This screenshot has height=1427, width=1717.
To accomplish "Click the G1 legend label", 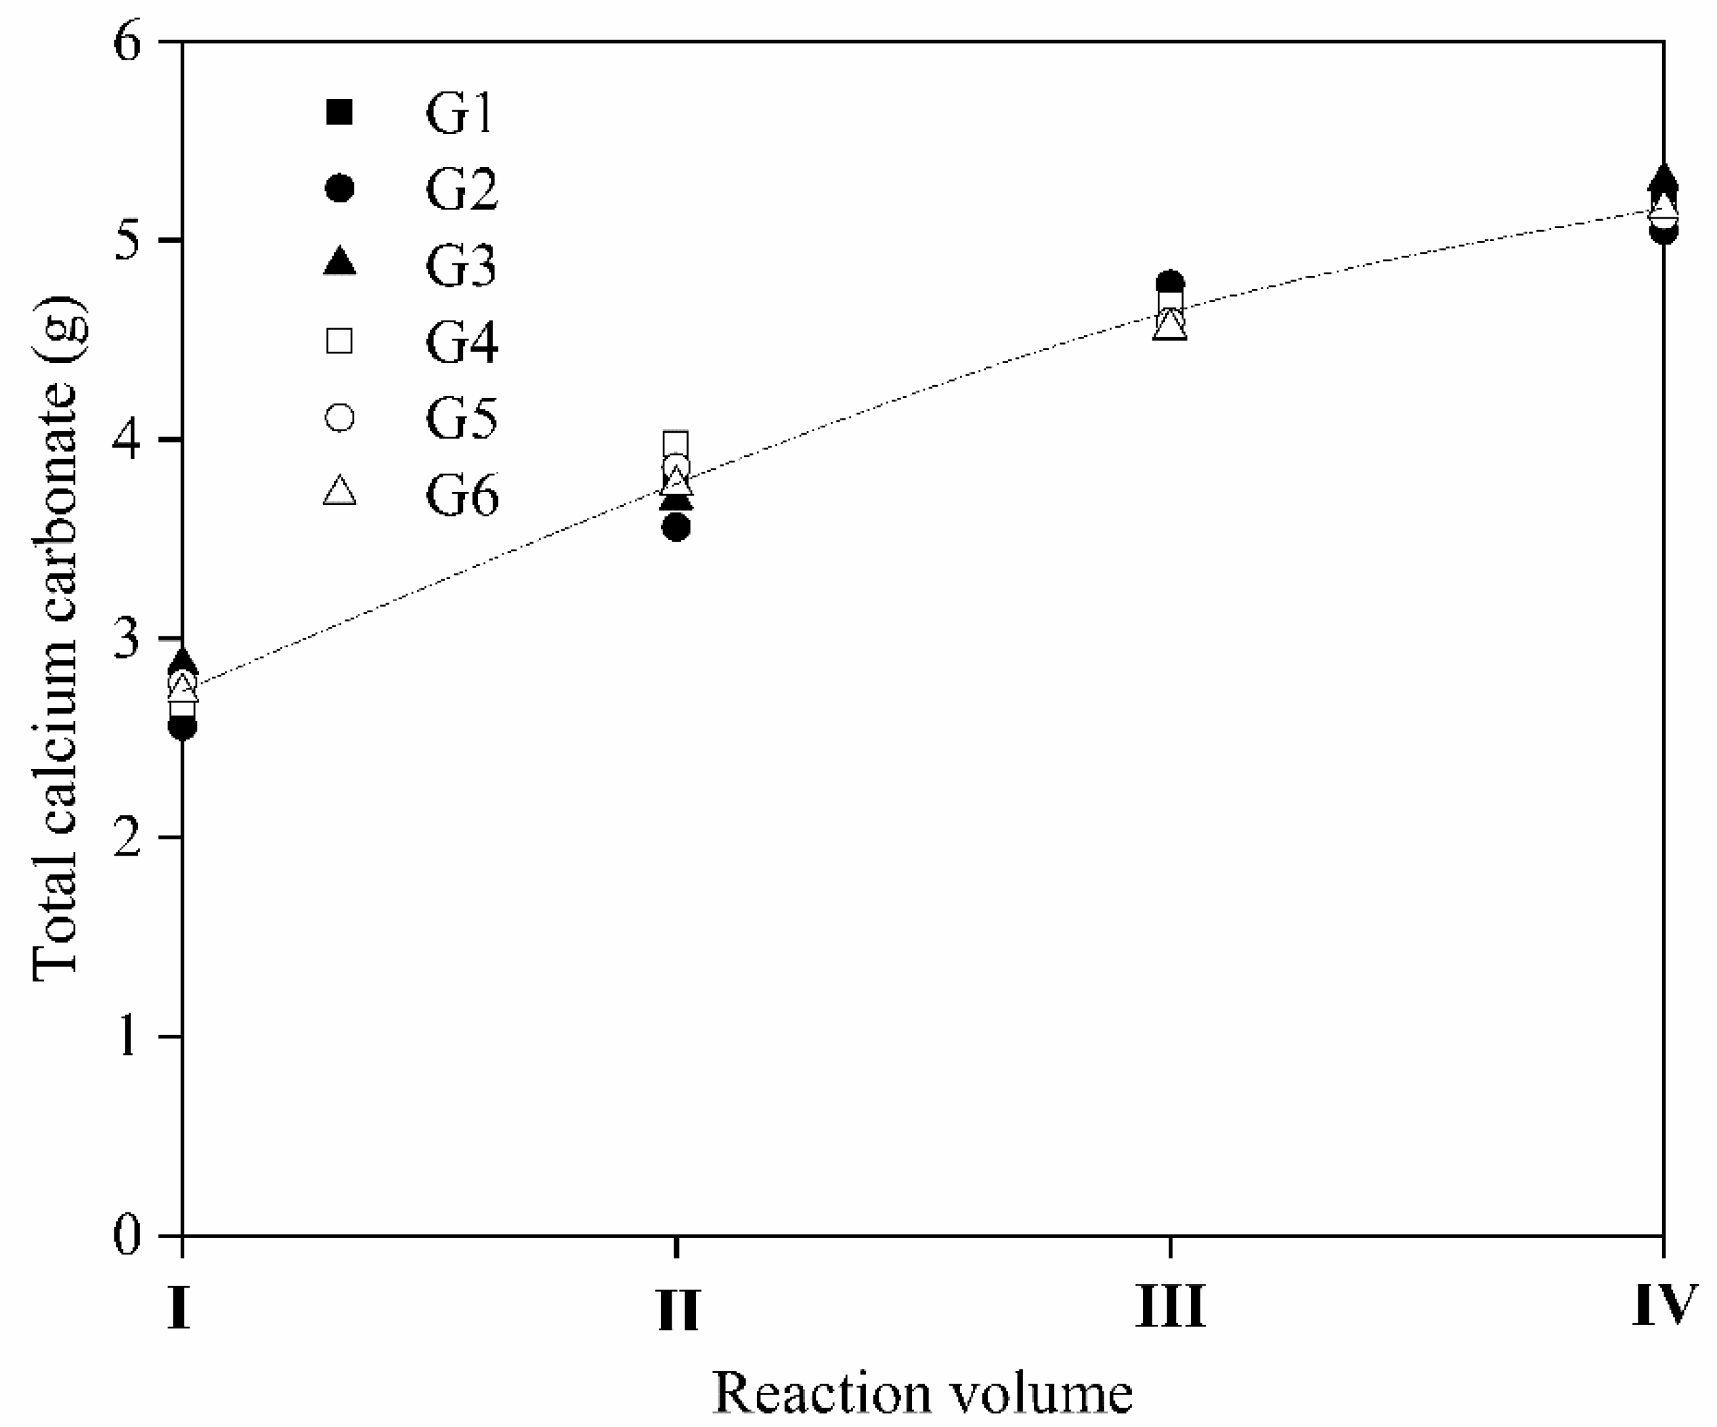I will [x=460, y=113].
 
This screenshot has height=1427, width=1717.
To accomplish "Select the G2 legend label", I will [x=460, y=190].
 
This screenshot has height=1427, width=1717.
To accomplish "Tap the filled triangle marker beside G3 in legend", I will [x=339, y=263].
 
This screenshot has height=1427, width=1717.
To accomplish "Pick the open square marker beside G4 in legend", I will [x=339, y=340].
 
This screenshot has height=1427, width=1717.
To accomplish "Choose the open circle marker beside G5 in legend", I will [x=339, y=418].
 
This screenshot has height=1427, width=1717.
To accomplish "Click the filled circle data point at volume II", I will [x=677, y=528].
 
